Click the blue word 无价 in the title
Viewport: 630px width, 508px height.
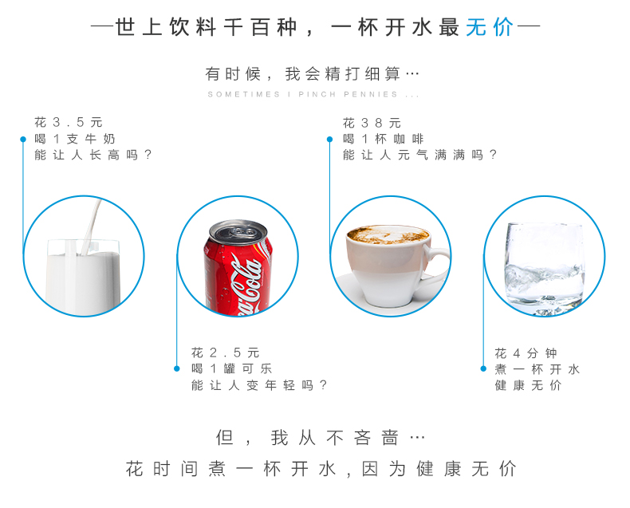[490, 28]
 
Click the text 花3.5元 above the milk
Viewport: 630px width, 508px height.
[69, 122]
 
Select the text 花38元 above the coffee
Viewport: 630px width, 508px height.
[372, 123]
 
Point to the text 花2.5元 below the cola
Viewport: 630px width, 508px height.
[226, 352]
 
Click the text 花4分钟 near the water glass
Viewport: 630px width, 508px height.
[526, 353]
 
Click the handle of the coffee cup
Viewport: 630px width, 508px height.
[438, 261]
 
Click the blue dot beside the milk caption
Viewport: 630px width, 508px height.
[23, 139]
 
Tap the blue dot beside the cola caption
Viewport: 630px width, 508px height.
[177, 368]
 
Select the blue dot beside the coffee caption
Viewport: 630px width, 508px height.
[330, 139]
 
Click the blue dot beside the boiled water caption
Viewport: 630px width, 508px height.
[483, 368]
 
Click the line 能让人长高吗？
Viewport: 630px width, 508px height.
[93, 155]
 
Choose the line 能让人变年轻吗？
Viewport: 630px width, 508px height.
[259, 385]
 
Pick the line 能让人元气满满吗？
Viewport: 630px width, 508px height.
[419, 155]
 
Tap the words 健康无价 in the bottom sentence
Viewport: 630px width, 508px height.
[467, 469]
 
